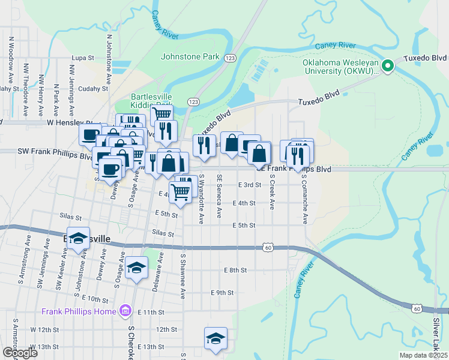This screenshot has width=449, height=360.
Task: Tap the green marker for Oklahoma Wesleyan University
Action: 388,66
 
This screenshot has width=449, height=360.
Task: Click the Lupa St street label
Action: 83,58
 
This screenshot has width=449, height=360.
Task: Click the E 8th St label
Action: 235,271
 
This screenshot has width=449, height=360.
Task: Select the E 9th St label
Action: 221,293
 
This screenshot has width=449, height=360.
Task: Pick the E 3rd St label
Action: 249,185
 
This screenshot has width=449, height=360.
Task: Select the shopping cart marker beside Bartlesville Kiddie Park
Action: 161,113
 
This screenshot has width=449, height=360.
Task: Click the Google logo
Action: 19,352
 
